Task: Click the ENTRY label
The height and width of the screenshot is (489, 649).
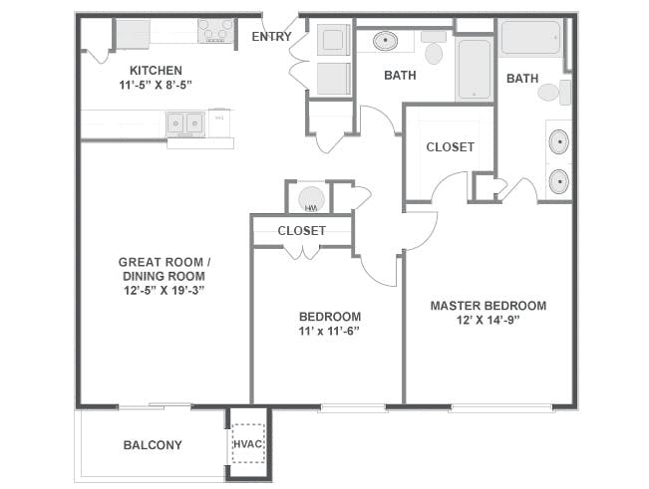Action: [271, 37]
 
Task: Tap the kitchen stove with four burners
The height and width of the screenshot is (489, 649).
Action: [215, 31]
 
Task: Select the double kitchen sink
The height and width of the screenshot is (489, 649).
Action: [185, 123]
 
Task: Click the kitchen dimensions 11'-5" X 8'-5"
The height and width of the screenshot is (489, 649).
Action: [157, 85]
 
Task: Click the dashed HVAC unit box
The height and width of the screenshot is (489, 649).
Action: [248, 443]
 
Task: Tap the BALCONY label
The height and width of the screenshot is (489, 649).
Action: [153, 445]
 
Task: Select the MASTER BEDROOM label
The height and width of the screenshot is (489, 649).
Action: [488, 306]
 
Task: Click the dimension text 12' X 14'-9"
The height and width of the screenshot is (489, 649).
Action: [488, 321]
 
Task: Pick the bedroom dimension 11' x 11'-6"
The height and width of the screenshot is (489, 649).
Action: [329, 331]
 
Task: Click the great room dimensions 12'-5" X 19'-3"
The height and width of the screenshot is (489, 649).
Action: [164, 290]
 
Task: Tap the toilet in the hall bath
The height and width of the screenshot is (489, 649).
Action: [434, 48]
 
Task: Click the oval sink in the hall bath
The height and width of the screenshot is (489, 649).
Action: [386, 41]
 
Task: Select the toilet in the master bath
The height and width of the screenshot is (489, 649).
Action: [554, 93]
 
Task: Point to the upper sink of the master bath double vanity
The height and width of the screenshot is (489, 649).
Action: [559, 141]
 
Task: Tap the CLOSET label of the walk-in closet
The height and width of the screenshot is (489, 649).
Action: [451, 147]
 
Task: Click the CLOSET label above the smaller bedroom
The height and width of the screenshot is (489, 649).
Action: [302, 231]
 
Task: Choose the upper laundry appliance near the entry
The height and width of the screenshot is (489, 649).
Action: [334, 39]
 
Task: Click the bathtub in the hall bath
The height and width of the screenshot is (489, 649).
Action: [475, 69]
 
